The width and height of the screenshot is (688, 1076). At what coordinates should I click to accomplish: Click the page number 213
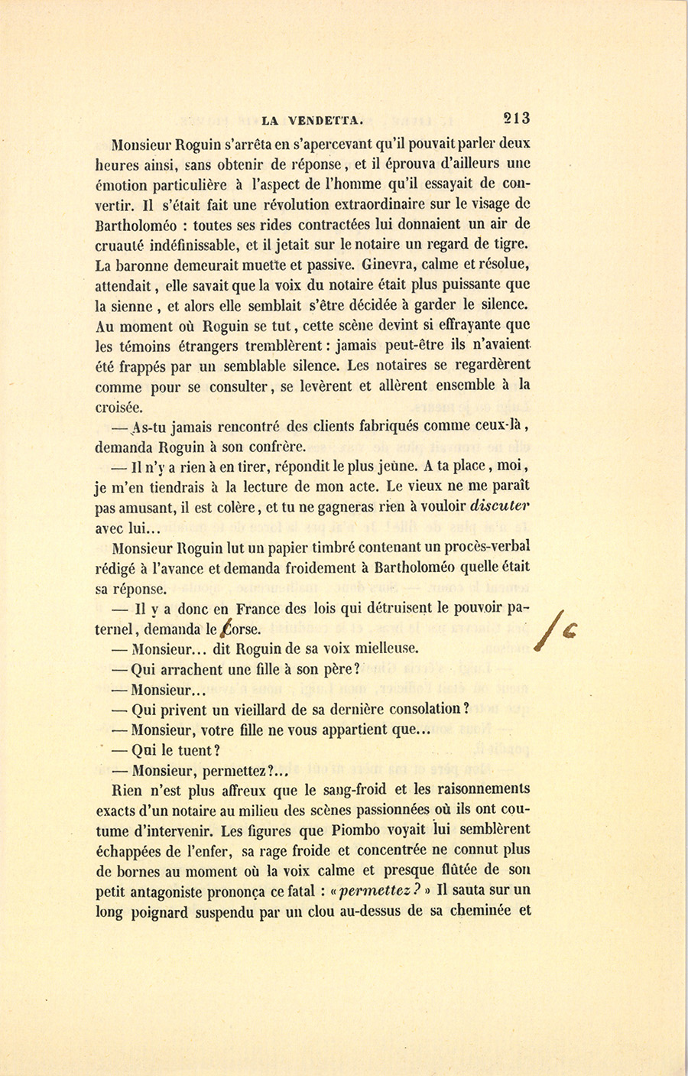[516, 118]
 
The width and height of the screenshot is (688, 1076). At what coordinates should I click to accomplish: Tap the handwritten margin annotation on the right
[558, 629]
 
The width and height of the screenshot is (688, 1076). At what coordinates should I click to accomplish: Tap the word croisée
[119, 408]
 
